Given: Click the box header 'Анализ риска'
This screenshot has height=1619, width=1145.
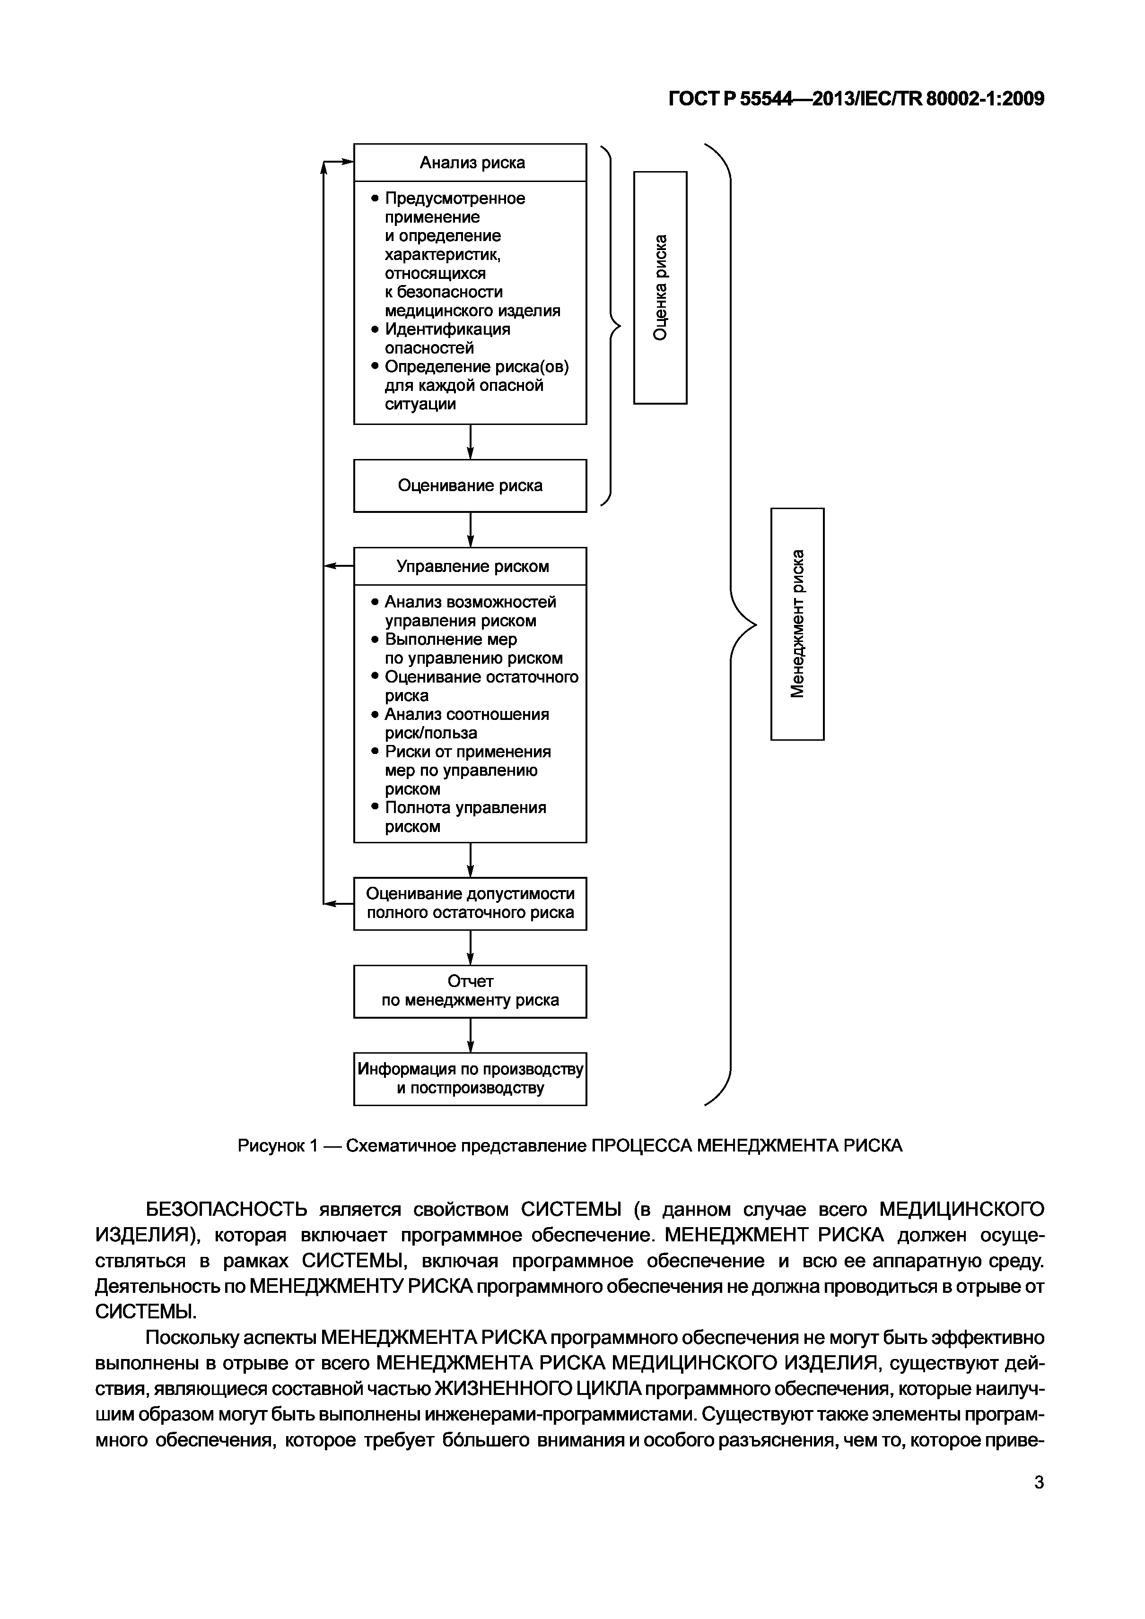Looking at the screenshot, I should point(471,163).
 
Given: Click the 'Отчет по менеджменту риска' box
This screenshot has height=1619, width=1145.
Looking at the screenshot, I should point(470,991).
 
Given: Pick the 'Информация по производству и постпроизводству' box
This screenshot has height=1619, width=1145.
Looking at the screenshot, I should point(470,1078).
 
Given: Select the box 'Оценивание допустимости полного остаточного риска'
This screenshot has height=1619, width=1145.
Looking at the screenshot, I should point(470,903).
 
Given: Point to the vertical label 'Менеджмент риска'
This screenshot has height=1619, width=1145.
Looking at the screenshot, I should point(797,623).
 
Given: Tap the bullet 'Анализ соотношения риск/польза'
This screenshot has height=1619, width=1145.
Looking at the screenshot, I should point(466,724).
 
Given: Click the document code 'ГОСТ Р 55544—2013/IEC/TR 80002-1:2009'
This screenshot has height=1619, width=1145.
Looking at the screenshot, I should point(856,99).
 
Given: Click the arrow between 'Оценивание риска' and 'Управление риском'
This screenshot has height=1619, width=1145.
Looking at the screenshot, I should point(471,529).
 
